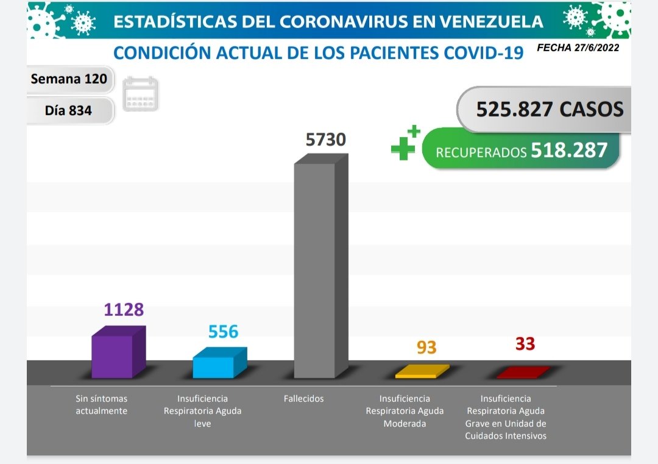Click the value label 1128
tap(124, 310)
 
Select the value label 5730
tap(325, 140)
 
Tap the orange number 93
tap(426, 348)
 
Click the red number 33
tap(525, 344)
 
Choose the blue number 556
tap(223, 332)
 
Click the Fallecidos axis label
tap(303, 399)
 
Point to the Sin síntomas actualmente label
tap(101, 405)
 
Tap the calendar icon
tap(140, 94)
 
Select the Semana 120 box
tap(69, 79)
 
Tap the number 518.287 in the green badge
tap(569, 150)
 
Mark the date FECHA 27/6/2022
tap(578, 48)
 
